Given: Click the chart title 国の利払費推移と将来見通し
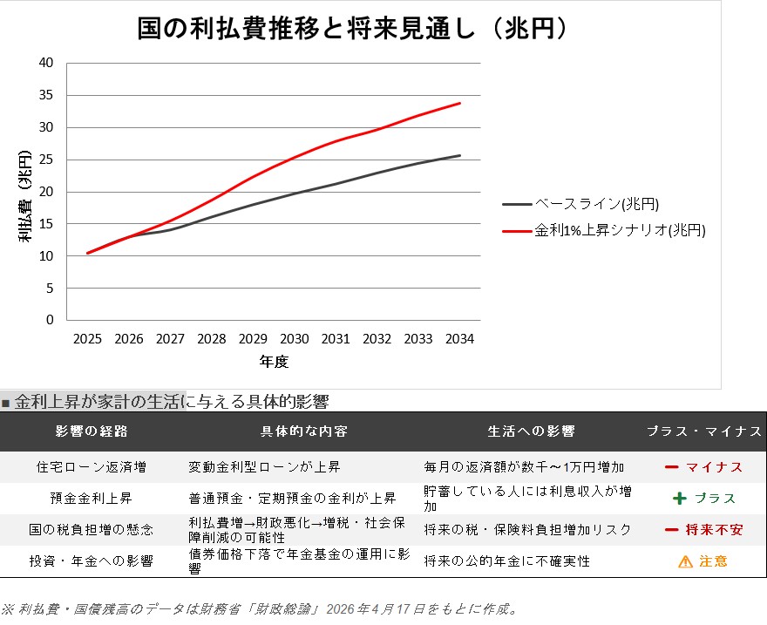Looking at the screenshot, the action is pos(306,28).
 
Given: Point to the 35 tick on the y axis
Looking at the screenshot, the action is pos(46,95).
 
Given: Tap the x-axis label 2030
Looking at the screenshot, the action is pos(294,339).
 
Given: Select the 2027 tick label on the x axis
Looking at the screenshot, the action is pos(170,339).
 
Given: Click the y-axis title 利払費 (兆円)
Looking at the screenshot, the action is pos(24,196).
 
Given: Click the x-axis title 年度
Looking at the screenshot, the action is pos(274,362).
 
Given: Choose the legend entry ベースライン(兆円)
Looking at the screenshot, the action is pos(580,204).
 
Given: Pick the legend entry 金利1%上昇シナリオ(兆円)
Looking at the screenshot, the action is pos(604,230).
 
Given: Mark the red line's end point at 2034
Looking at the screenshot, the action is pos(460,103).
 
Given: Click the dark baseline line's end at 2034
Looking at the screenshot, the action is pos(460,155).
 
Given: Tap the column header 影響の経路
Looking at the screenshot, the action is pos(92,431).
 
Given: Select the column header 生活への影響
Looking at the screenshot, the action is pos(531,431).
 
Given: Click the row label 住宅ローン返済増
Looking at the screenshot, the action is pos(92,467).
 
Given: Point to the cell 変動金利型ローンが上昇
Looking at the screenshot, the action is pos(264,467).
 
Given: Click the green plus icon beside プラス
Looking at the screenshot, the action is pos(680,499).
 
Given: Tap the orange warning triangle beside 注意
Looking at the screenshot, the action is pos(685,561).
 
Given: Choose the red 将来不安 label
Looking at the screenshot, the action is pos(714,530).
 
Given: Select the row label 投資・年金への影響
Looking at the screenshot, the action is pos(92,561).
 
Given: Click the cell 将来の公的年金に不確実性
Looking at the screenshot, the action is pos(506,561).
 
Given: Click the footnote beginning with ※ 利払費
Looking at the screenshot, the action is pos(260,608).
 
